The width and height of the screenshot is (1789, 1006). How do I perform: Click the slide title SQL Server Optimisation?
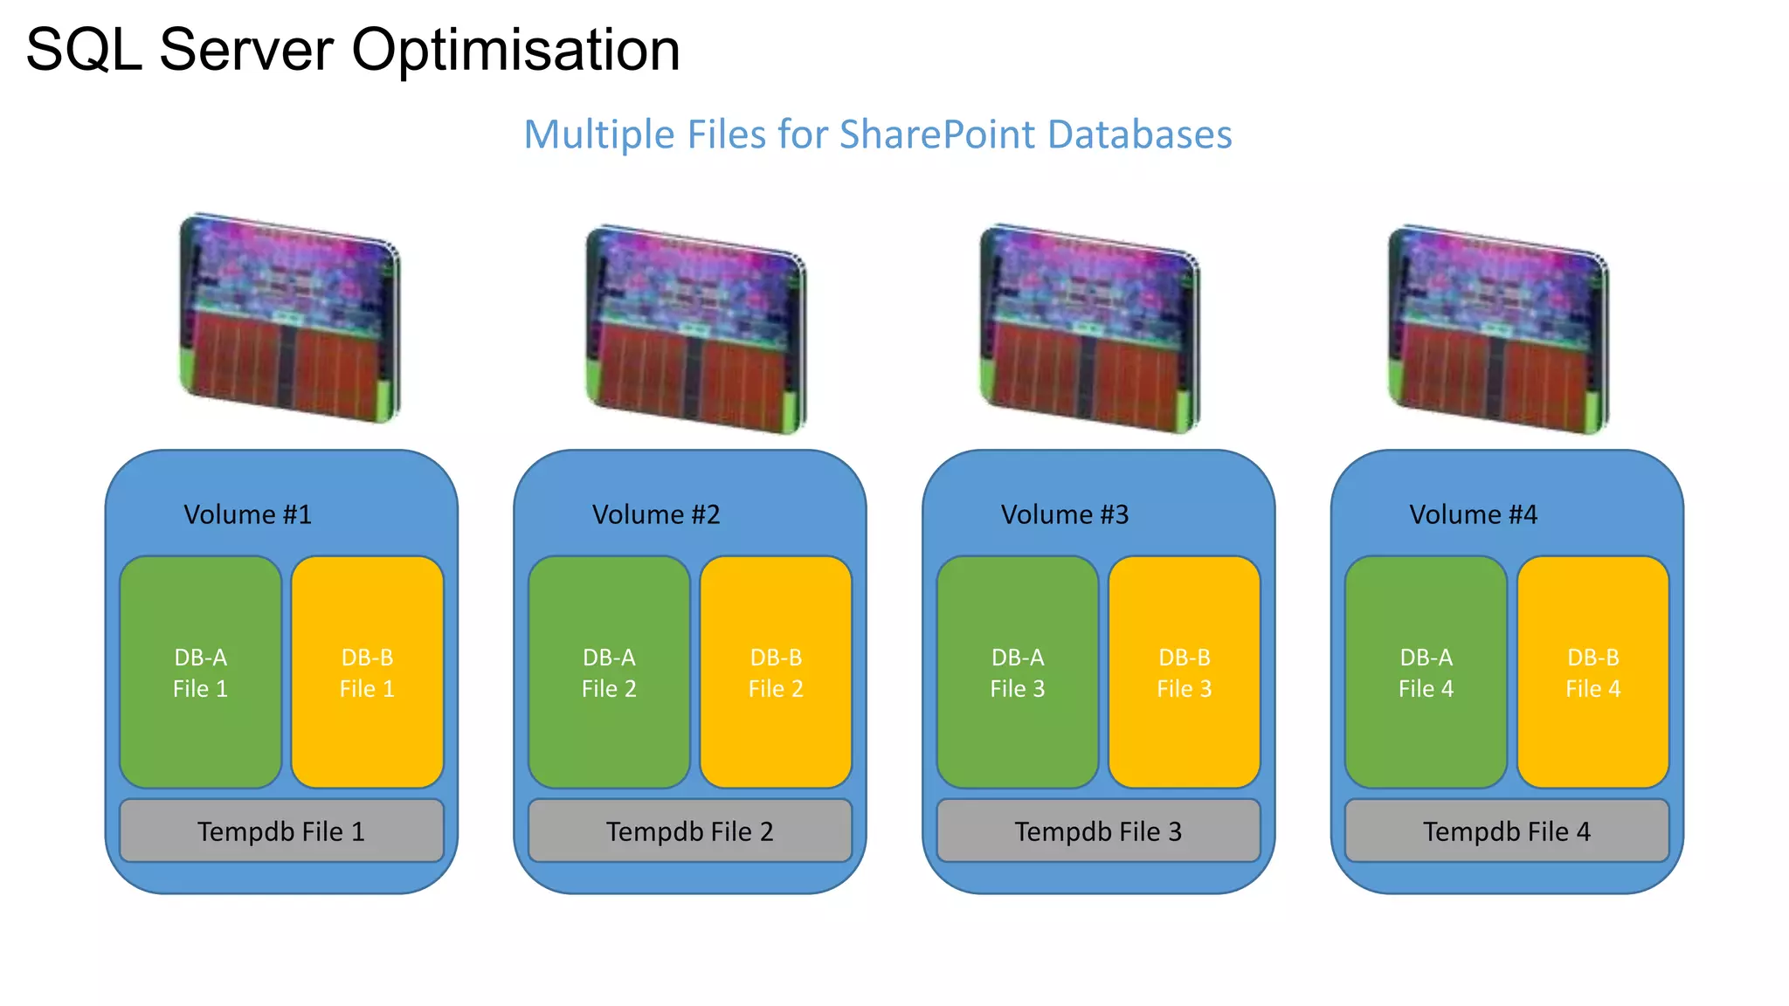(353, 50)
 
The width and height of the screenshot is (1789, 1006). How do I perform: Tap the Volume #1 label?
(247, 514)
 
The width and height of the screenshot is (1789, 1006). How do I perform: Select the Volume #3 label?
(1065, 514)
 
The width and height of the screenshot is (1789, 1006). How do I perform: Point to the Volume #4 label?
(1473, 514)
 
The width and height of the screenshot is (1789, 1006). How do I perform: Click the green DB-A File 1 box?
(200, 672)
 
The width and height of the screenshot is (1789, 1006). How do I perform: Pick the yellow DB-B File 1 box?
(367, 672)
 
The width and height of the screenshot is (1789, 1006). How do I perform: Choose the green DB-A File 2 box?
(609, 672)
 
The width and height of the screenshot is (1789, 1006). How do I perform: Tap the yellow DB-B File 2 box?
(776, 672)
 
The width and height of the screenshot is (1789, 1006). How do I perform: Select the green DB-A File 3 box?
(1017, 672)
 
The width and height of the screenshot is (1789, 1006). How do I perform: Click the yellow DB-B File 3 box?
(1184, 672)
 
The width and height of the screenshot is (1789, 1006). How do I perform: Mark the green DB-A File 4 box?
(1426, 672)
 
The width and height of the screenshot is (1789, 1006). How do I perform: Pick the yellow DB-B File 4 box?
(1592, 672)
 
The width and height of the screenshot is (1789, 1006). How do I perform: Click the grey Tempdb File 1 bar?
(281, 831)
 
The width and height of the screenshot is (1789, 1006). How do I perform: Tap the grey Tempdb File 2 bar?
(689, 831)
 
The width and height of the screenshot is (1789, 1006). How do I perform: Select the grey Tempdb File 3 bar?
(1098, 831)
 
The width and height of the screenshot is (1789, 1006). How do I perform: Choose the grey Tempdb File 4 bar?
(1507, 831)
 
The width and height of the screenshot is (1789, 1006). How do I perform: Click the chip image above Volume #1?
(289, 319)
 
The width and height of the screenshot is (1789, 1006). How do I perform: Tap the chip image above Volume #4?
(1498, 329)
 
